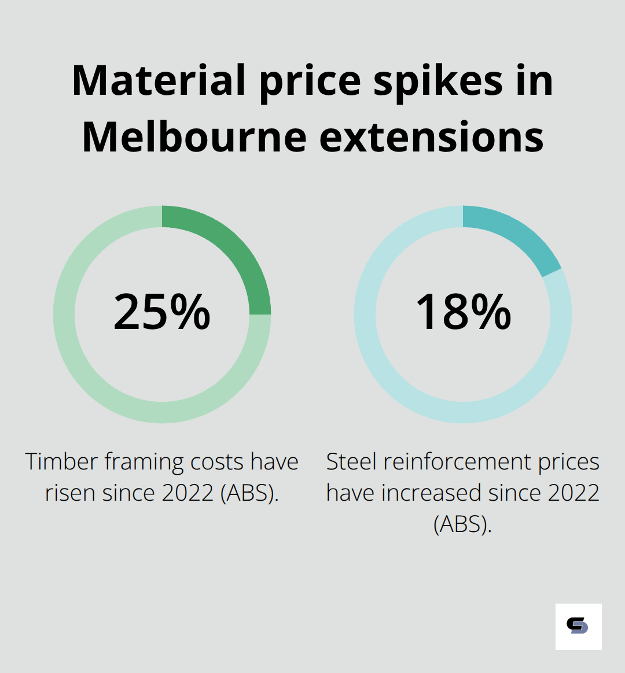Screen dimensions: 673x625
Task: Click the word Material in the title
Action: pos(159,81)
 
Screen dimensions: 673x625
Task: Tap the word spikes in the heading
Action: pos(437,81)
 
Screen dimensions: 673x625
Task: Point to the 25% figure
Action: pos(162,312)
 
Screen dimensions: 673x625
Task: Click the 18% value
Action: pos(463,312)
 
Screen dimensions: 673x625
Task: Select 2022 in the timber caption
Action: pos(188,493)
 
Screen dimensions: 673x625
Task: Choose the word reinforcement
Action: pos(457,462)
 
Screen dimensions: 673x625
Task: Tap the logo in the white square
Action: pos(578,626)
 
